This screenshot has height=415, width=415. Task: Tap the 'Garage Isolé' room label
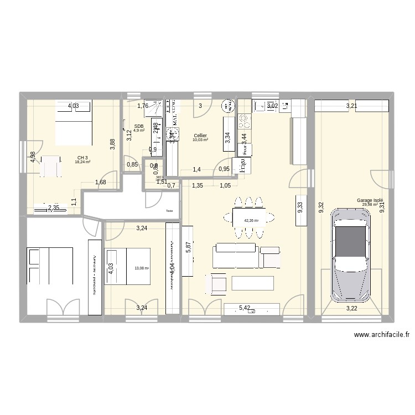pos(370,201)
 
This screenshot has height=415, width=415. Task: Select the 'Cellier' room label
pos(200,136)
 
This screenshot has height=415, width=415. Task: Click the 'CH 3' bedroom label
pos(83,158)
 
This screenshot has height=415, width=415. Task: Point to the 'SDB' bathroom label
pos(138,126)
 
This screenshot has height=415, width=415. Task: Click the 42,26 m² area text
pos(251,220)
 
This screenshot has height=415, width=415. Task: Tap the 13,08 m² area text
pos(142,269)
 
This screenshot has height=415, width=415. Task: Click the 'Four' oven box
pos(244,149)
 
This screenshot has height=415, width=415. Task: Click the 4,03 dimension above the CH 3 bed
pos(74,106)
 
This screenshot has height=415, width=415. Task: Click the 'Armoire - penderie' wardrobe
pos(95,277)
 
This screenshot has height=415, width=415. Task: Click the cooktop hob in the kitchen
pos(244,119)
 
